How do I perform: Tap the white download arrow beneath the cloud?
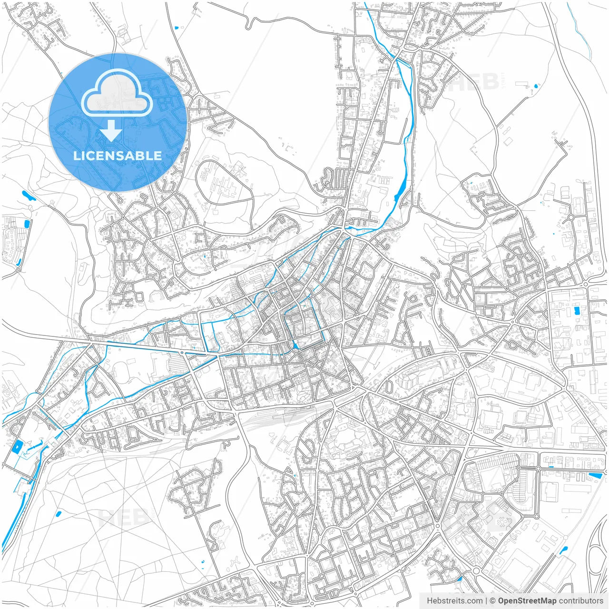pos(111,130)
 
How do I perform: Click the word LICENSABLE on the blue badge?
pos(118,156)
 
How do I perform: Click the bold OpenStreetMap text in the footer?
pos(527,601)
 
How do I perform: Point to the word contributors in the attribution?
pos(581,601)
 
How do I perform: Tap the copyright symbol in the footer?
pos(493,601)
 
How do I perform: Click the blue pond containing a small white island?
pos(19,446)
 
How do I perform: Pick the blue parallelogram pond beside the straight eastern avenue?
pos(595,475)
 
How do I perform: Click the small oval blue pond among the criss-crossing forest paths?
pos(59,514)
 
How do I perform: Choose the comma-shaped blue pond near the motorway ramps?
pos(564,550)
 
